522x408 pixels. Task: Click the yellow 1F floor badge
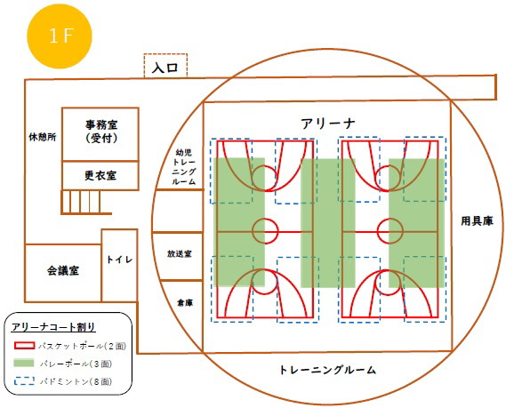[60, 36]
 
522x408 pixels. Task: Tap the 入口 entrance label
[165, 68]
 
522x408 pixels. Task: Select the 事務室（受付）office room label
[101, 132]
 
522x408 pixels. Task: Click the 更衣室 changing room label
[100, 175]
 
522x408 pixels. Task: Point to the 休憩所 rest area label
[43, 137]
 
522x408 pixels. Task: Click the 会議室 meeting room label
[63, 270]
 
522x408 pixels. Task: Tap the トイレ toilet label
[119, 260]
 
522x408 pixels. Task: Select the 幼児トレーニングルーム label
[184, 167]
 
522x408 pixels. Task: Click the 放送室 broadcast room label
[180, 254]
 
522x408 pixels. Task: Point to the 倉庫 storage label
[185, 303]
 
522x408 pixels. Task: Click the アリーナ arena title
[328, 124]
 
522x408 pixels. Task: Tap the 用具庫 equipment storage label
[477, 221]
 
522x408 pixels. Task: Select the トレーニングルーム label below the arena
[327, 370]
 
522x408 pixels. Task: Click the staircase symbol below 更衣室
[86, 202]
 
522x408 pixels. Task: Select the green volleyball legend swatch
[24, 363]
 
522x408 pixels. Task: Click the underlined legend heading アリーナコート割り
[53, 327]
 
